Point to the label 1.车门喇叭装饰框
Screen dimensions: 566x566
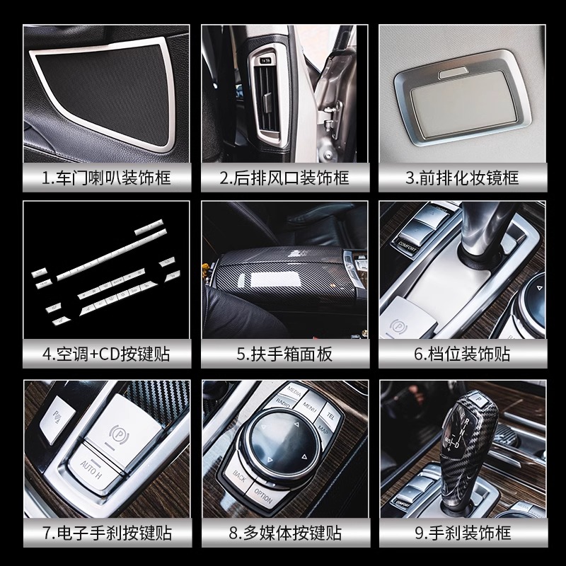click(x=106, y=177)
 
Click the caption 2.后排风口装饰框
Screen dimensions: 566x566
click(x=283, y=177)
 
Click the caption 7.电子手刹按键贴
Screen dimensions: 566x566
click(x=106, y=531)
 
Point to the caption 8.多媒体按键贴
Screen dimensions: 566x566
click(x=283, y=531)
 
